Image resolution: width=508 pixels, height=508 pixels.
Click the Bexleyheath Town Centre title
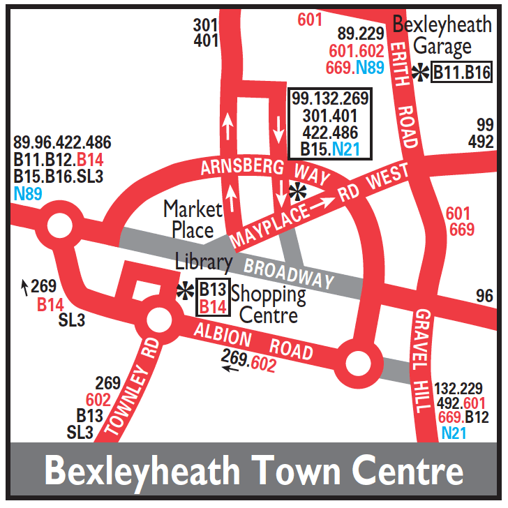pos(254,472)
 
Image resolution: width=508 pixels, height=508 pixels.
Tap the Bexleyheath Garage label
pos(442,36)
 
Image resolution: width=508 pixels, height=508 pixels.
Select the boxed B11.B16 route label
pos(462,72)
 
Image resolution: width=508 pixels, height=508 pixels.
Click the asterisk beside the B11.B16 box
pos(421,73)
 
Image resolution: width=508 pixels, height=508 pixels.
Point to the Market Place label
pos(193,219)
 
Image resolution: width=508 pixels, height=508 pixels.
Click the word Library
pos(204,262)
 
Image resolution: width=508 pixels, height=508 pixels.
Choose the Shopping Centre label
pos(268,305)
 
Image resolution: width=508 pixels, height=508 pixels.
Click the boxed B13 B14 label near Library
pos(214,298)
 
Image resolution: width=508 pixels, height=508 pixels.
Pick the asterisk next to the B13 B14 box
pos(186,292)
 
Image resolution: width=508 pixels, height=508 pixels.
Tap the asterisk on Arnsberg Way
pos(298,191)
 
